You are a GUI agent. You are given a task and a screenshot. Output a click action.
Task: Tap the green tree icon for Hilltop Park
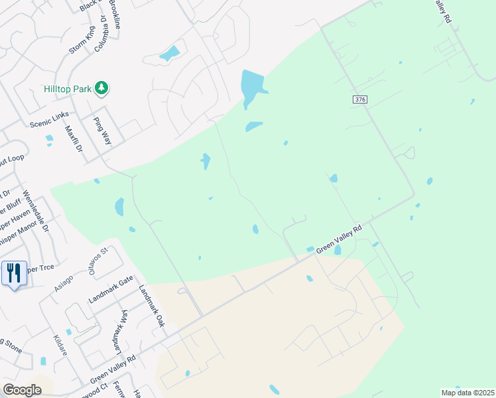click(x=101, y=88)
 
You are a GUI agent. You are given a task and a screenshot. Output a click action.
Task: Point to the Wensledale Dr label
click(x=36, y=210)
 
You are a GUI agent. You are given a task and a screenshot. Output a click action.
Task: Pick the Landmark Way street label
click(x=120, y=330)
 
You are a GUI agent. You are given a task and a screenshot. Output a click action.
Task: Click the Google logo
click(x=22, y=389)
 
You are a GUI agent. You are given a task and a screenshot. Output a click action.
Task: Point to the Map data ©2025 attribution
click(x=467, y=393)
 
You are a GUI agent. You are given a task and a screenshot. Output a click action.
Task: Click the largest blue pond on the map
click(x=252, y=86)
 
